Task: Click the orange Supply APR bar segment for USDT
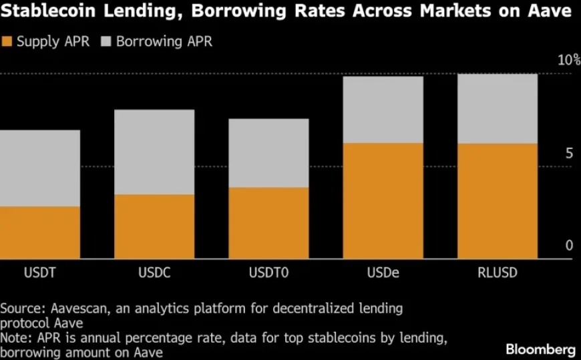[40, 232]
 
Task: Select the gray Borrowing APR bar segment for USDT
[40, 168]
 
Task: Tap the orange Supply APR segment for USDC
[154, 226]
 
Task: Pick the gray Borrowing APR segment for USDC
[154, 152]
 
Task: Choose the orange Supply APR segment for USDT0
[268, 223]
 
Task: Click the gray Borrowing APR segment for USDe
[383, 110]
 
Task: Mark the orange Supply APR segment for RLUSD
[497, 201]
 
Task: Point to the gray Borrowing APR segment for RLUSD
[497, 108]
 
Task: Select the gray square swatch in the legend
[106, 41]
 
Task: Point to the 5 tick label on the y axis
[569, 153]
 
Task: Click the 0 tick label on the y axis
[569, 246]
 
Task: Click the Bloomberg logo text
[541, 349]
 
